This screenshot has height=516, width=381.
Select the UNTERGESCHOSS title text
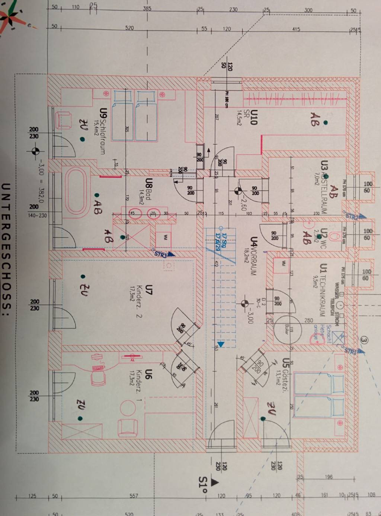[x=6, y=246]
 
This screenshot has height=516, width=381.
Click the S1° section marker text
[x=203, y=484]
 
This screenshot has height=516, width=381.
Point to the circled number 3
[x=364, y=340]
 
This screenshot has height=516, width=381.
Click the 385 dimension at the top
[x=147, y=8]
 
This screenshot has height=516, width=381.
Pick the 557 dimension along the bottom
[x=134, y=496]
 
